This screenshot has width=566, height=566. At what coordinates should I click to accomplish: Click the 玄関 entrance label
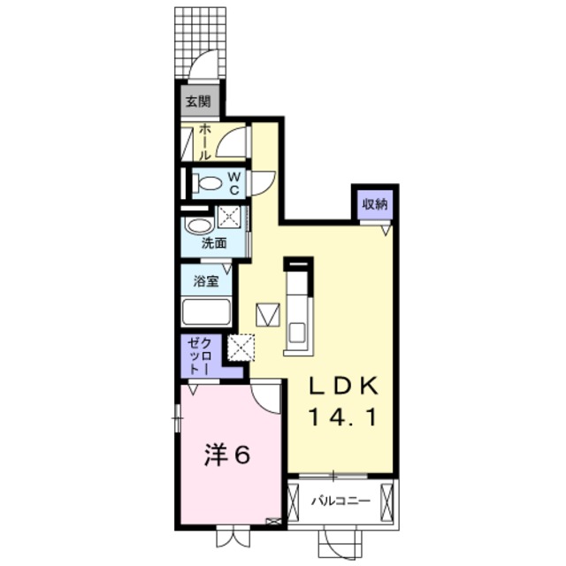click(197, 101)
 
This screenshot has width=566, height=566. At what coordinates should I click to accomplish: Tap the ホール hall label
click(204, 141)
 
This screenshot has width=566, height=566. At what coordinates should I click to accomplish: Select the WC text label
click(234, 183)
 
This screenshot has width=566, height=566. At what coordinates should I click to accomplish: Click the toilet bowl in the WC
click(208, 184)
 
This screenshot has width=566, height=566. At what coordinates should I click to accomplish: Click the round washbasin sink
click(199, 226)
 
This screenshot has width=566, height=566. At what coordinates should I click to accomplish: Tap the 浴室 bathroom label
click(207, 283)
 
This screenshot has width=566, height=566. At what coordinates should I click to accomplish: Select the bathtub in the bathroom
click(206, 313)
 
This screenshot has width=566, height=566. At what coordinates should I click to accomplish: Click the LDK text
click(344, 386)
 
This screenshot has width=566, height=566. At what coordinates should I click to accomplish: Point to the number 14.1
click(344, 416)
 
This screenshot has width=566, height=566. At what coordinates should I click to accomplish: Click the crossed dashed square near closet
click(241, 346)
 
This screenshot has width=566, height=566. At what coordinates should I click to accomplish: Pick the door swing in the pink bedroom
click(264, 394)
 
